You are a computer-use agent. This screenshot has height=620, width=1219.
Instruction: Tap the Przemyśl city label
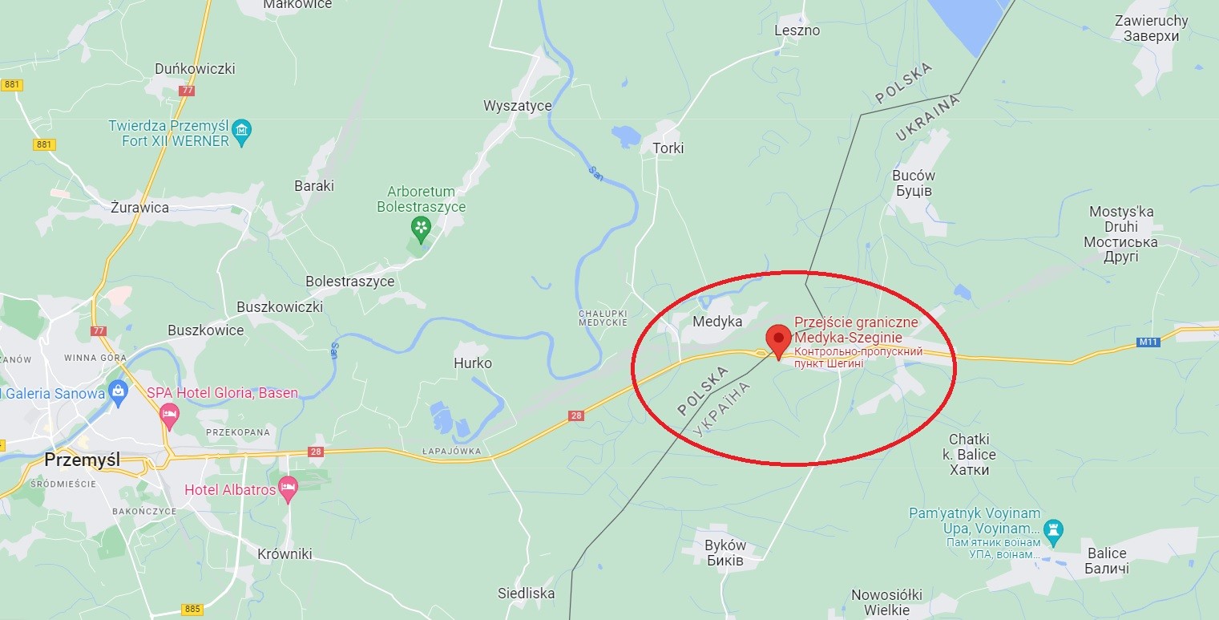point(82,460)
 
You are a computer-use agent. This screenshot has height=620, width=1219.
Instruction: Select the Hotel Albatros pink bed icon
point(288,488)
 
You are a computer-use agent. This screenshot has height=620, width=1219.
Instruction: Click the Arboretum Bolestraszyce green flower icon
point(420,228)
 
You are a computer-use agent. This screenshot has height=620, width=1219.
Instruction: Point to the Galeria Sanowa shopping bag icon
point(119,393)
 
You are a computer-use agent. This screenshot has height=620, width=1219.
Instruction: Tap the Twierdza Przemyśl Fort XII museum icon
point(241,129)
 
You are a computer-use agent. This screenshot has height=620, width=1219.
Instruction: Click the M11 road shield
point(1148,342)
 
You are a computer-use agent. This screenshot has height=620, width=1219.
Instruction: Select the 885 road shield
point(192,609)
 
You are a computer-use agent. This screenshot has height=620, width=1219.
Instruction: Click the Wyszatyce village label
point(517,105)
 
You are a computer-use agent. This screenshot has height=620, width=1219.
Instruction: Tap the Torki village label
point(668,148)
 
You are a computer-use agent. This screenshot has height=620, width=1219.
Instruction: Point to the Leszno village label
point(797,30)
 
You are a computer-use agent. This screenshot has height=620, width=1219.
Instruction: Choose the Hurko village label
point(473,363)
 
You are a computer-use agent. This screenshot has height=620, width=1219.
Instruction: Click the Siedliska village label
point(526,594)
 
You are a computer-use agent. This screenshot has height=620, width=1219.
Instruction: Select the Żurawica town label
point(140,208)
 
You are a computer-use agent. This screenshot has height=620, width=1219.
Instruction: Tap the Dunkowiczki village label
point(196,69)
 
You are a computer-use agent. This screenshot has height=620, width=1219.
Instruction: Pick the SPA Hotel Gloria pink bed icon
point(169,415)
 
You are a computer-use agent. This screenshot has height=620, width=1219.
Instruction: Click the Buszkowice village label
point(205,330)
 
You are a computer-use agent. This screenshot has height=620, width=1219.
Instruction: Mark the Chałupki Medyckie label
point(602,317)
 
